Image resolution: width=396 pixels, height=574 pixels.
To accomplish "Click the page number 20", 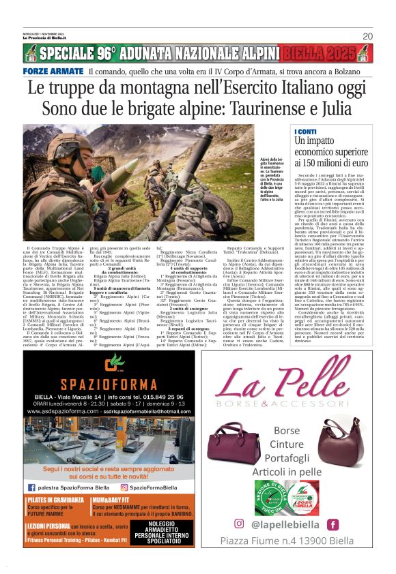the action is pos(367,36).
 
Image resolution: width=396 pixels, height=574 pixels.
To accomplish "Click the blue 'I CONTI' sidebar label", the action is pos(305,131).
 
